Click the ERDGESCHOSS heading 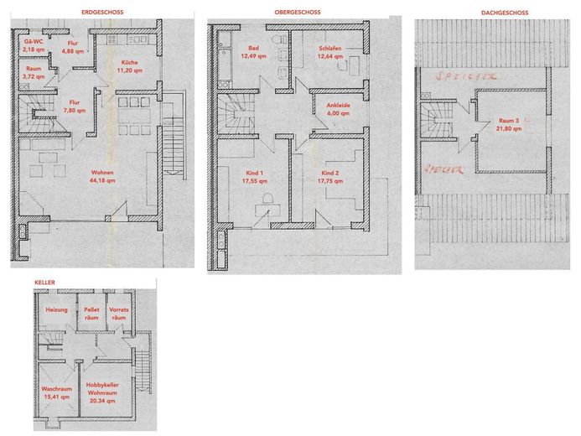tap(102, 13)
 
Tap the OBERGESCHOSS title tap(298, 13)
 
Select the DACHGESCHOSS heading tap(505, 13)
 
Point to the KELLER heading tap(44, 283)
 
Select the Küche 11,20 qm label tap(129, 66)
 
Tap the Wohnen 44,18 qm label tap(102, 176)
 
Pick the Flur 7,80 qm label tap(75, 106)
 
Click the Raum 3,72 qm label tap(34, 73)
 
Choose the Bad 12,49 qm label tap(253, 52)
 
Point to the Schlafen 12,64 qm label tap(330, 52)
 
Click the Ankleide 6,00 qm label tap(338, 109)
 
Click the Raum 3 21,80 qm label tap(509, 125)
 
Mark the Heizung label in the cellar tap(57, 309)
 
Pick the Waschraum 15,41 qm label tap(57, 393)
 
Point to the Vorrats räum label tap(119, 314)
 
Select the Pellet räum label tap(91, 314)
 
